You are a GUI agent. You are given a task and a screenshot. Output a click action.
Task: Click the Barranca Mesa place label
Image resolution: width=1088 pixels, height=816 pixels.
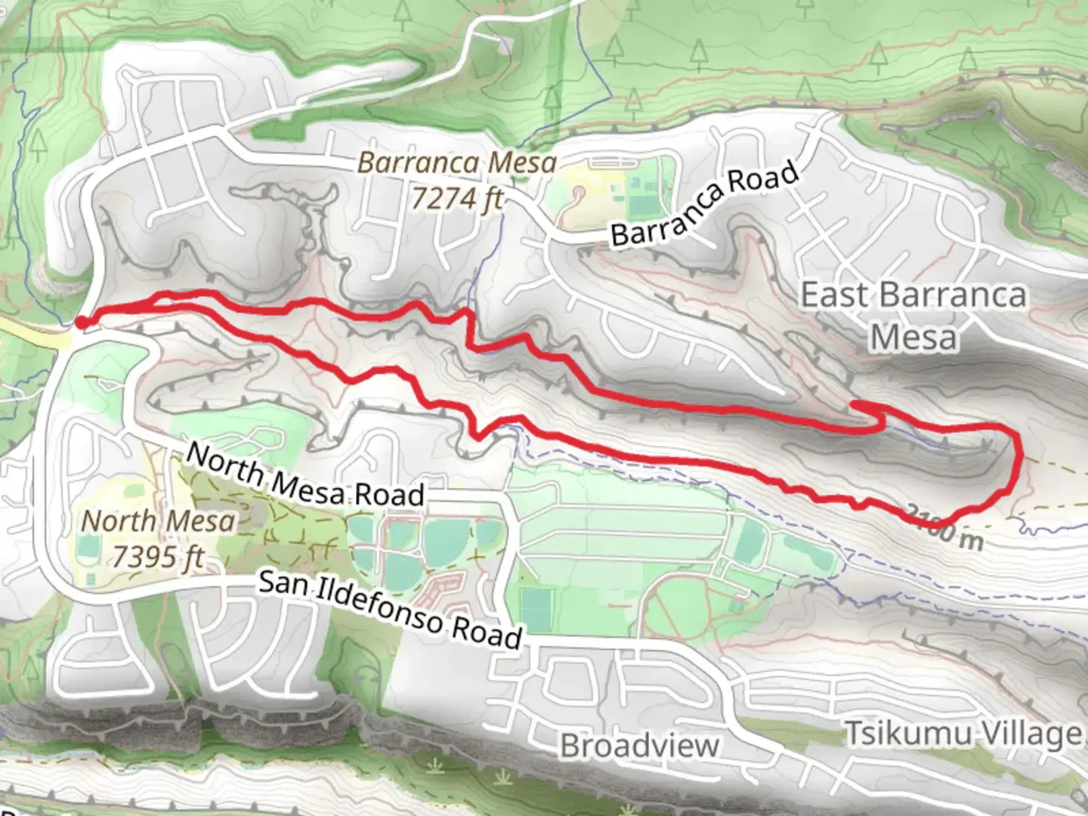tap(457, 162)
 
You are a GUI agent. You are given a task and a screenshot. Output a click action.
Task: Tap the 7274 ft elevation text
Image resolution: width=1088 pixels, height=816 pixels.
tap(457, 199)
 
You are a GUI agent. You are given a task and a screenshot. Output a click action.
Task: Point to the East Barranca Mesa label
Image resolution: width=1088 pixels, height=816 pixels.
tap(913, 316)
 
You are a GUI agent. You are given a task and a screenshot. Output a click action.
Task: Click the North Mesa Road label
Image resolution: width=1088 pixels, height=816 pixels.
tap(305, 475)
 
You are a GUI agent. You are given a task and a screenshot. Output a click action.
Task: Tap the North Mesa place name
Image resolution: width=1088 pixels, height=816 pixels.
tap(158, 521)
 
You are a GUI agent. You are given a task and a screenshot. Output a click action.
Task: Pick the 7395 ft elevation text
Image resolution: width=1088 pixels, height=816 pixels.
tap(158, 557)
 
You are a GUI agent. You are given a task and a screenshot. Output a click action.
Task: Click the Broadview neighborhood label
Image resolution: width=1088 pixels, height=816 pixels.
tap(639, 746)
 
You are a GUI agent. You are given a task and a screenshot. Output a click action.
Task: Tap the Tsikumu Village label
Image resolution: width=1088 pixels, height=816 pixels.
tap(963, 734)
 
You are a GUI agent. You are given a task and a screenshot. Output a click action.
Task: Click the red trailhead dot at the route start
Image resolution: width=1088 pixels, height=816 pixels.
tap(81, 323)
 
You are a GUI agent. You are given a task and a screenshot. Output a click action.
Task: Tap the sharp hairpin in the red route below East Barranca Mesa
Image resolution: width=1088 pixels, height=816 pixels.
tap(858, 406)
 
